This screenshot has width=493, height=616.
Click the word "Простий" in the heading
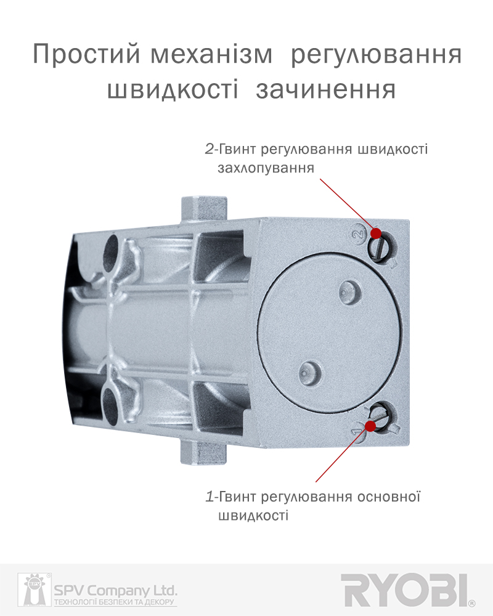click(86, 54)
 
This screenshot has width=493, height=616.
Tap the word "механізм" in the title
click(211, 55)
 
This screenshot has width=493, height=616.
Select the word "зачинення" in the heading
click(325, 90)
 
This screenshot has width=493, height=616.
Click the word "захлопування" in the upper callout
click(266, 168)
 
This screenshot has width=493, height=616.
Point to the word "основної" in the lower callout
click(388, 496)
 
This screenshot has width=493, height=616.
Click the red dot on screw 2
click(377, 233)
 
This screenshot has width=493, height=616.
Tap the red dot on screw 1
click(370, 426)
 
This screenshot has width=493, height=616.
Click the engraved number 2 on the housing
click(358, 234)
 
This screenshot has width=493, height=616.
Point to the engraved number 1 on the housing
click(356, 431)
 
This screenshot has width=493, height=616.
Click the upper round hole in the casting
click(112, 253)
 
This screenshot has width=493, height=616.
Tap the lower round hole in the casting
click(111, 405)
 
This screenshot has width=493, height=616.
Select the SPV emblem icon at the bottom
click(35, 590)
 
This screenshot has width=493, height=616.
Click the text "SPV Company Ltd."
click(116, 591)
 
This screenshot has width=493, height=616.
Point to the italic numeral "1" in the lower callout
click(210, 497)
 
